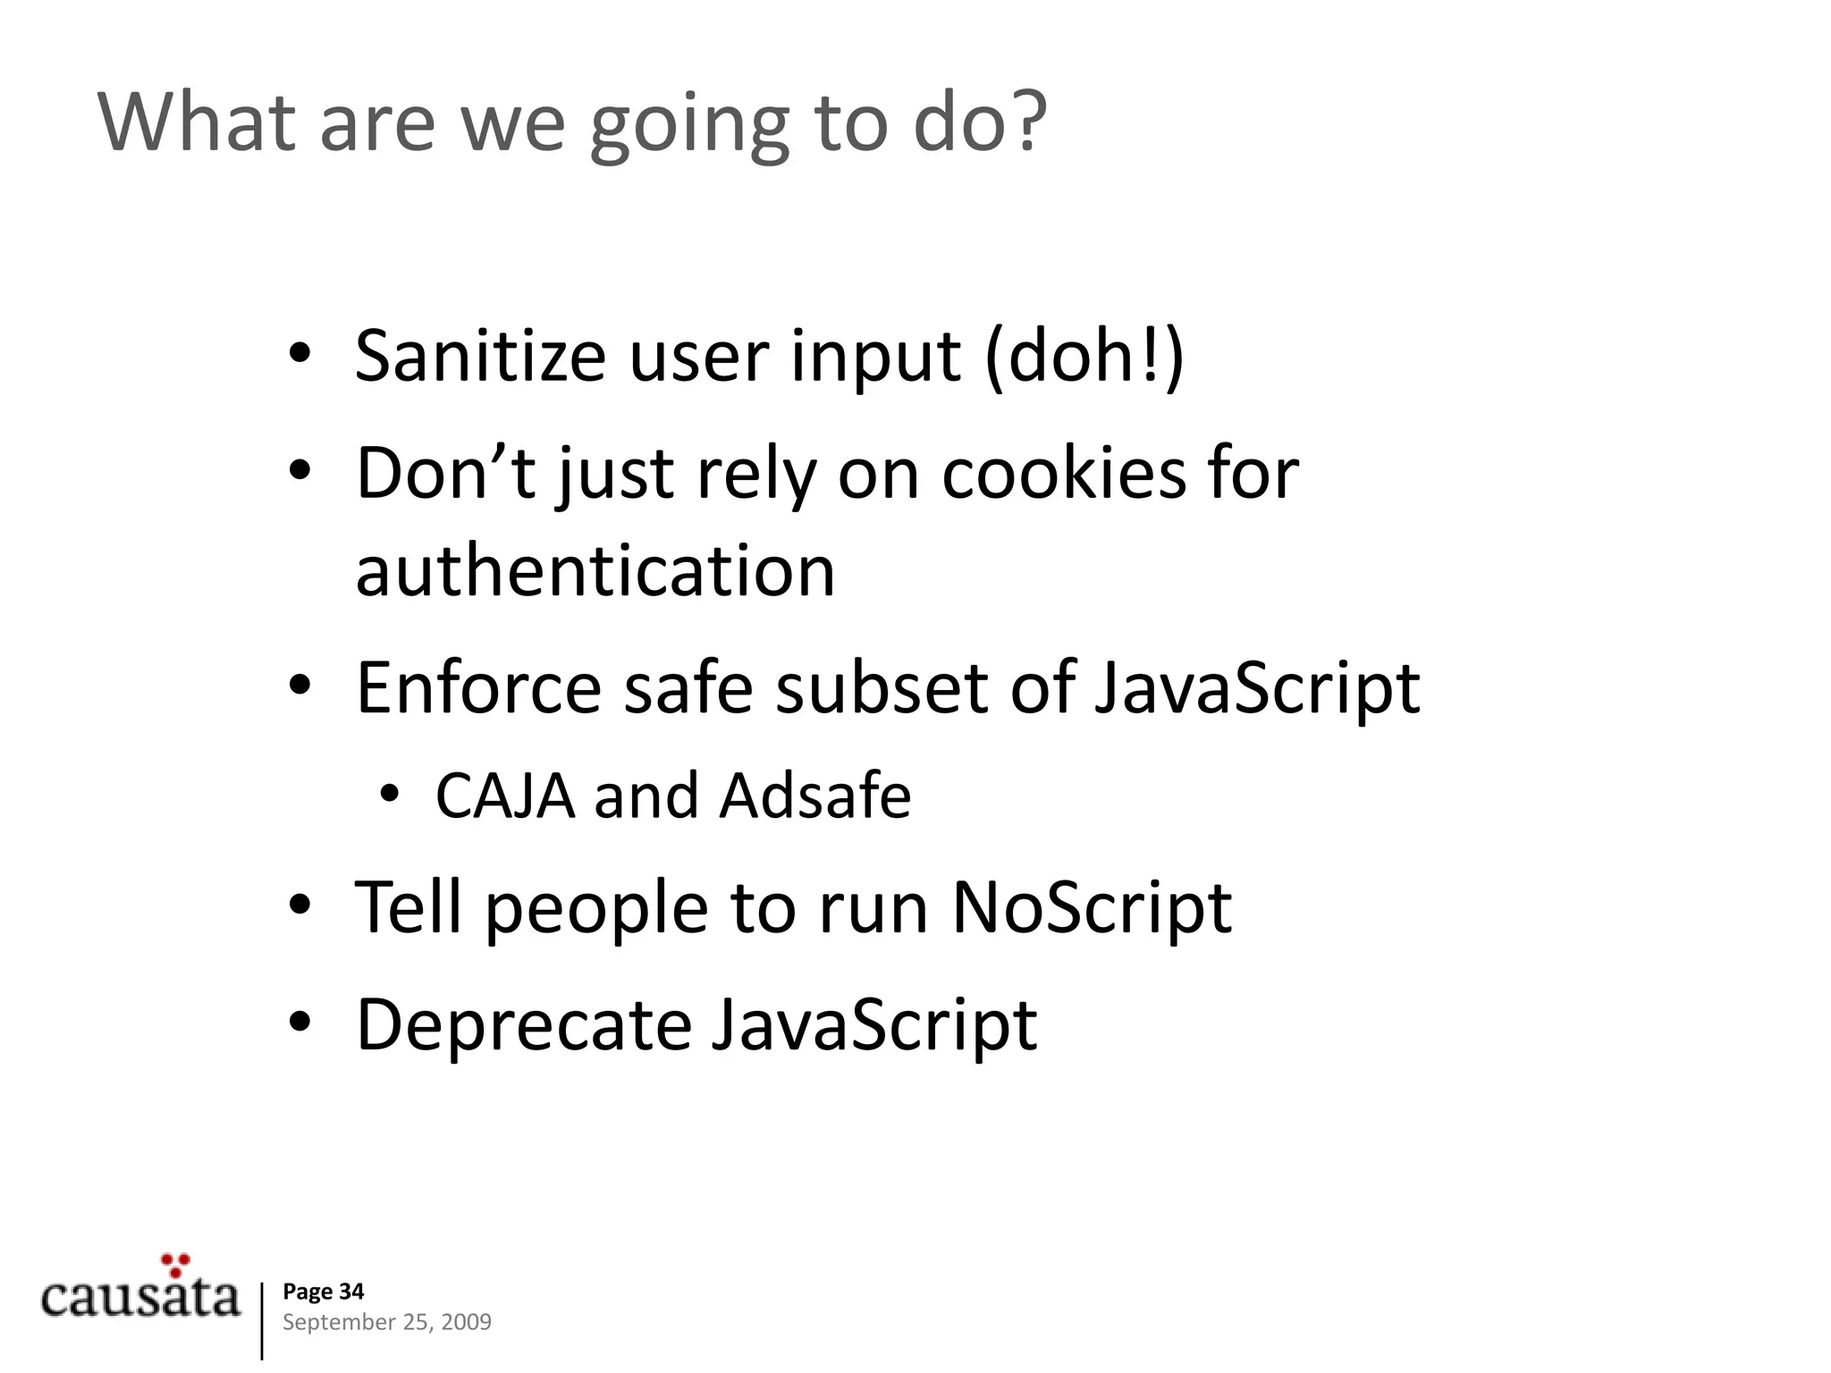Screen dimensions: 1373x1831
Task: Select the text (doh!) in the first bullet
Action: tap(1084, 358)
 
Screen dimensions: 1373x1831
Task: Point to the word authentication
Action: tap(595, 571)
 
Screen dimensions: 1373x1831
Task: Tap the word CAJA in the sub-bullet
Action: tap(505, 796)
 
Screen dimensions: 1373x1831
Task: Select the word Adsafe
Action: tap(814, 796)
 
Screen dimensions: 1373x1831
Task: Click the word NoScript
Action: tap(1092, 908)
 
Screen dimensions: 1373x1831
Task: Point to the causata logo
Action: tap(140, 1297)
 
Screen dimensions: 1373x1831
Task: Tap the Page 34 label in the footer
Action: tap(323, 1292)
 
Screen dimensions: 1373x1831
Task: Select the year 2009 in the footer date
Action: tap(467, 1322)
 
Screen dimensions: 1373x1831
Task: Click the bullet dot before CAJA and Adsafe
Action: tap(390, 795)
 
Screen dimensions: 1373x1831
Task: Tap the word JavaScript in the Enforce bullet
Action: tap(1256, 687)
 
